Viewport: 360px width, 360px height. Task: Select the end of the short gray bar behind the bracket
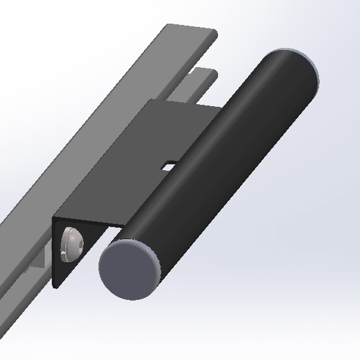point(204,72)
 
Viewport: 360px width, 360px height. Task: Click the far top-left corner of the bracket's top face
point(151,100)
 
